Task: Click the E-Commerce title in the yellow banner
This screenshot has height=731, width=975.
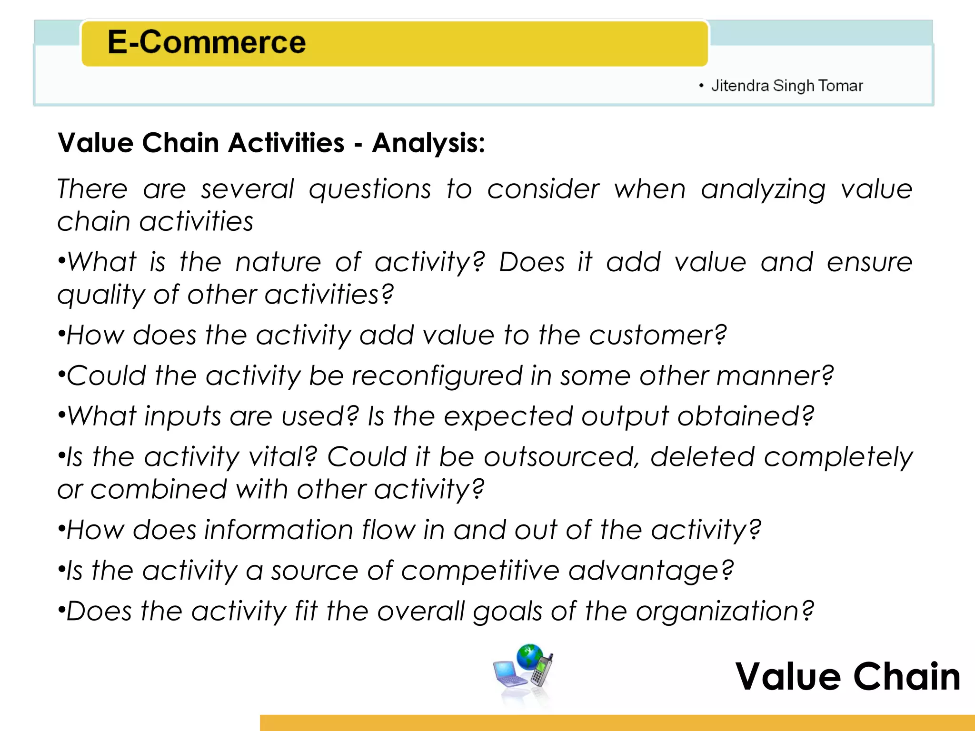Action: click(x=206, y=42)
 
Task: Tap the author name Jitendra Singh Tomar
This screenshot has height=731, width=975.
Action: click(x=786, y=86)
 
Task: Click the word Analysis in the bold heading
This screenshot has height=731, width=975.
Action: click(x=428, y=143)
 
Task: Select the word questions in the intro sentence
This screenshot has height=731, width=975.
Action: click(x=370, y=189)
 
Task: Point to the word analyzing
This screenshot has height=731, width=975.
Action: click(x=763, y=189)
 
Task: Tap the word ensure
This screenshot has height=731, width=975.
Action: click(x=869, y=262)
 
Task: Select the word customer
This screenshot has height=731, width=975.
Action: click(x=657, y=335)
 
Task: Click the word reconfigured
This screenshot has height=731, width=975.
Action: click(x=437, y=376)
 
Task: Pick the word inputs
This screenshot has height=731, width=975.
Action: click(x=183, y=416)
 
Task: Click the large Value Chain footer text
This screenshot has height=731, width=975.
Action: click(x=847, y=676)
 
